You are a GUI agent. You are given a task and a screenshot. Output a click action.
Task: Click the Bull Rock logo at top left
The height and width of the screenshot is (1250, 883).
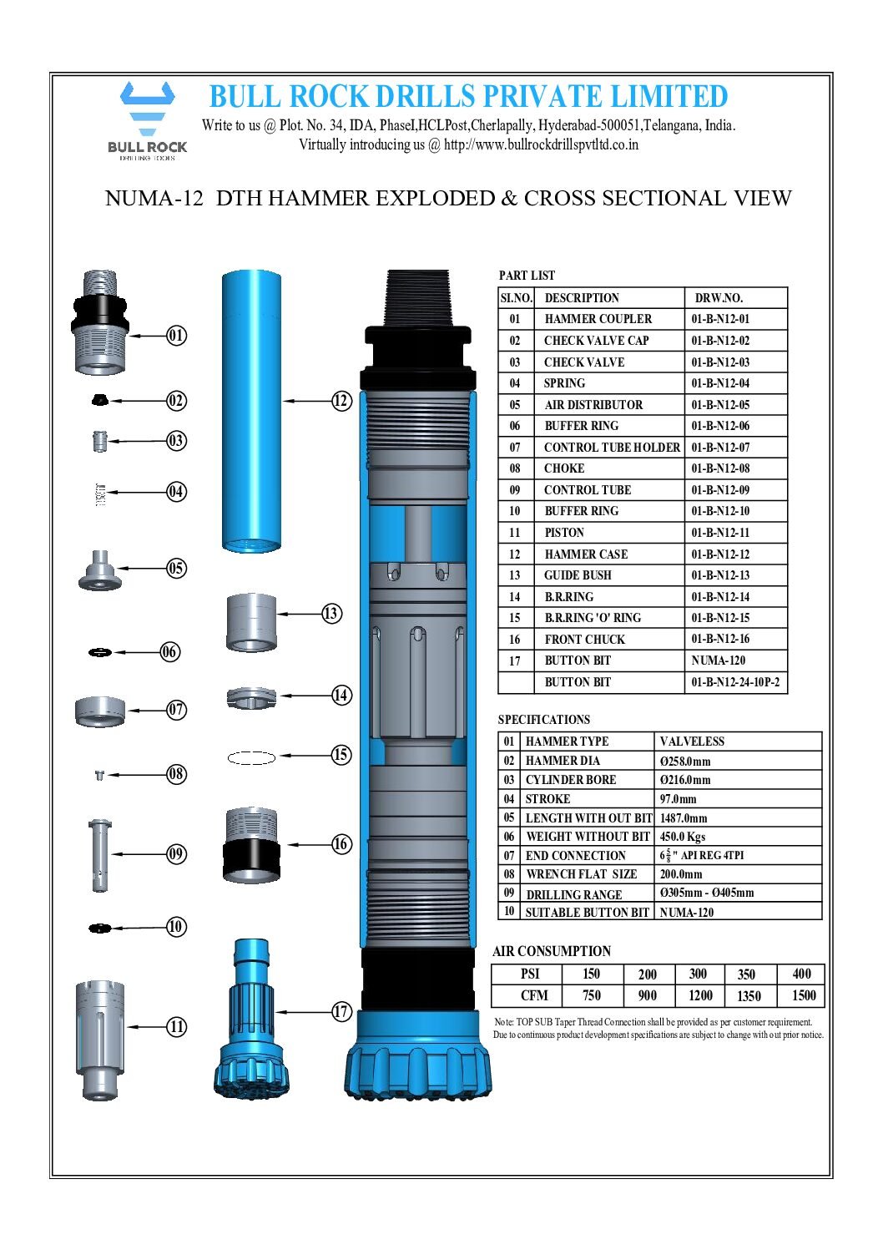[147, 119]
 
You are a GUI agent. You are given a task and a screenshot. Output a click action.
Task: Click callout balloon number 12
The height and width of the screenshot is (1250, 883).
[341, 401]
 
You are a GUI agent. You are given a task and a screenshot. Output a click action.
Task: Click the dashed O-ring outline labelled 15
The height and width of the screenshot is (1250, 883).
[251, 757]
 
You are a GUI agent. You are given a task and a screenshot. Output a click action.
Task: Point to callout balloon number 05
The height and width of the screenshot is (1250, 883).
[176, 568]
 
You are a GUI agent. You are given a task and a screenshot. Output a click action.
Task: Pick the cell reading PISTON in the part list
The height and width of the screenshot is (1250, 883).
[564, 533]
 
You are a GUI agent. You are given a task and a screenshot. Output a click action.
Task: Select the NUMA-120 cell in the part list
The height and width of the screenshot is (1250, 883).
[718, 660]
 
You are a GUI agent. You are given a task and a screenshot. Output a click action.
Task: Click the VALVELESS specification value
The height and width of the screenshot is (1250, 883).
[692, 741]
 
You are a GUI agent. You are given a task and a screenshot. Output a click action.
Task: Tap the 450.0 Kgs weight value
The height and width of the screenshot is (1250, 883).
[683, 837]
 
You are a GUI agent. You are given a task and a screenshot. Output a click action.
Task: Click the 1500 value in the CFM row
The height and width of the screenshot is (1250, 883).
[804, 995]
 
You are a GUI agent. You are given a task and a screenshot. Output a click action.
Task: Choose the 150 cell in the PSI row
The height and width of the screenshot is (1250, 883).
[591, 974]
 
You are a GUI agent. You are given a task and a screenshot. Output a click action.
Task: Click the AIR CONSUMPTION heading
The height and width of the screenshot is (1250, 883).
[552, 951]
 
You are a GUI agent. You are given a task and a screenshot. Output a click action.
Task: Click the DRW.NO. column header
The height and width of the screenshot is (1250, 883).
[719, 298]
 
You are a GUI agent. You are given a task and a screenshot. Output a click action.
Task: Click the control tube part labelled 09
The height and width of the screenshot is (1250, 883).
[99, 854]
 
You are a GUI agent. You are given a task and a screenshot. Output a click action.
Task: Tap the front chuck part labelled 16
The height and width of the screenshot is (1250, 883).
[251, 843]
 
